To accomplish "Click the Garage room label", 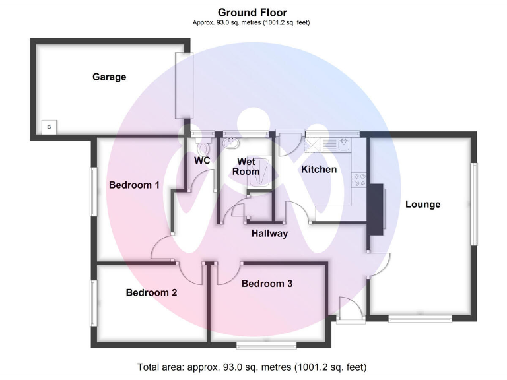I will [109, 77].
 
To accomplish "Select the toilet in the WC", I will [202, 146].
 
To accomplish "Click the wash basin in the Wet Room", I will [232, 142].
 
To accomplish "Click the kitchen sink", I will [343, 143].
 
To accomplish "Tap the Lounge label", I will [422, 205].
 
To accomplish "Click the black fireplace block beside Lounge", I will [376, 208].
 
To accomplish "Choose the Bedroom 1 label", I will [134, 185].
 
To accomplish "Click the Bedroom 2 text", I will [151, 292].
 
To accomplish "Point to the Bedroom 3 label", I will [267, 284].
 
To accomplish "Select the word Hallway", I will [269, 233].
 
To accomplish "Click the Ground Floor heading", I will [252, 13].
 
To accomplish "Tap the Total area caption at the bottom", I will [252, 367].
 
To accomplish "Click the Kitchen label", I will [319, 170].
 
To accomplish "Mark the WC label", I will [202, 160].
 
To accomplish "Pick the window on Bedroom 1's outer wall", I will [94, 192].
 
